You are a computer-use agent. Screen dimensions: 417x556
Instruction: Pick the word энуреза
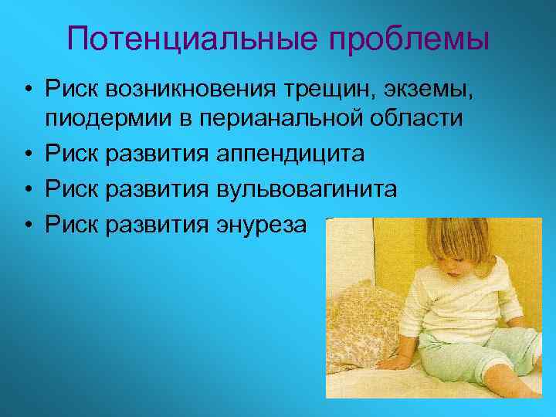pos(259,224)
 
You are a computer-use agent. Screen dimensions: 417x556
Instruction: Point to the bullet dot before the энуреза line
pos(27,225)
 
